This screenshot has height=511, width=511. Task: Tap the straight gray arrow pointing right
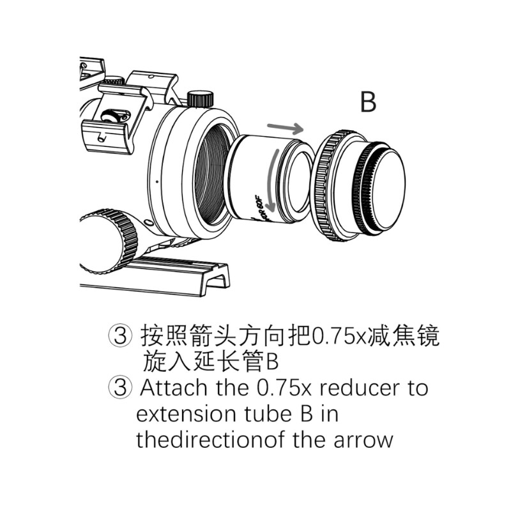(285, 128)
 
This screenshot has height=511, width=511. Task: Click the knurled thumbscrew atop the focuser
(200, 99)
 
